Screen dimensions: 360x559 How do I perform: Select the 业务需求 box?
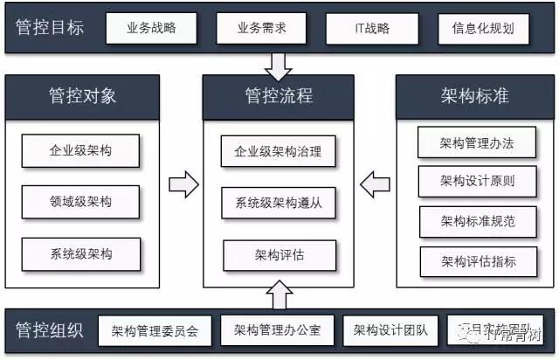pos(261,28)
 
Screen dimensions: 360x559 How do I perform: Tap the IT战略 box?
pos(370,28)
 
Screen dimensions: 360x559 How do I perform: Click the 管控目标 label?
pos(51,27)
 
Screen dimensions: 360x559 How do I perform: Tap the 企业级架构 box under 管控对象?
pos(81,150)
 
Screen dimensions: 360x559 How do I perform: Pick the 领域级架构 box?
pos(81,202)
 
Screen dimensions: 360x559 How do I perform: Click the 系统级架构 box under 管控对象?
pos(81,253)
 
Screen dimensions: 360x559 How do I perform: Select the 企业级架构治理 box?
pos(279,151)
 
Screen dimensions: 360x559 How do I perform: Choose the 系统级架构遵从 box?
pos(279,203)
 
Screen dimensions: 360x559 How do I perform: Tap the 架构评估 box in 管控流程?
pos(279,254)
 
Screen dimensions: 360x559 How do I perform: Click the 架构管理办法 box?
pos(478,143)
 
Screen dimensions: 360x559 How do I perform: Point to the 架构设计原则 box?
pos(478,182)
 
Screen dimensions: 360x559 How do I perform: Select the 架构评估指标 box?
pos(478,260)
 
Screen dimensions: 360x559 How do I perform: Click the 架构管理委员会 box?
pos(155,331)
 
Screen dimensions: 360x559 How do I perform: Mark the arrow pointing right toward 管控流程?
pos(183,183)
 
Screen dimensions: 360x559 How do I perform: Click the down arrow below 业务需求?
pos(279,64)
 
